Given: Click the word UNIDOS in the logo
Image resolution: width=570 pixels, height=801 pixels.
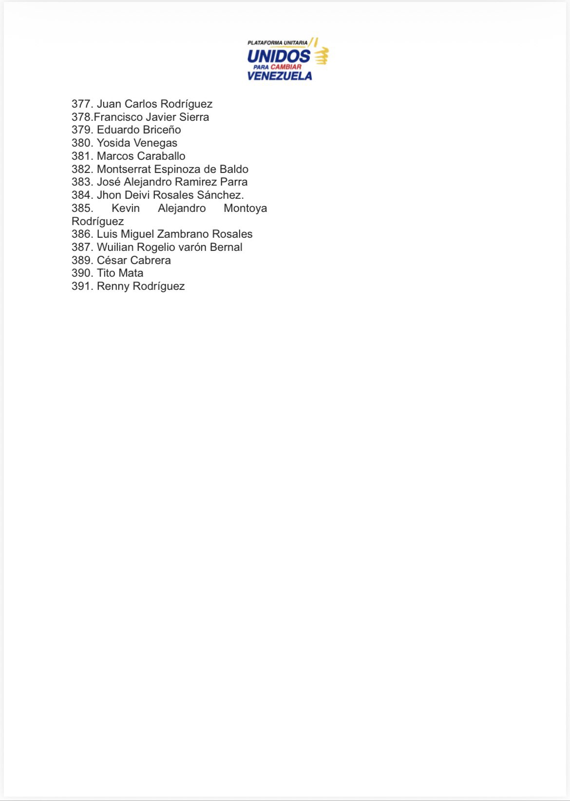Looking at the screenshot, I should coord(278,56).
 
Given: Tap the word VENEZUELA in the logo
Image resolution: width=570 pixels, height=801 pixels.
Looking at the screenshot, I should coord(279,76).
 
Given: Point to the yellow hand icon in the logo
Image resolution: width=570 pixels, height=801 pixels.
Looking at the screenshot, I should coord(321,56).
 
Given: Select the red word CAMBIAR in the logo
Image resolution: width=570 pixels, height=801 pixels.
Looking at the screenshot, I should coord(286,67).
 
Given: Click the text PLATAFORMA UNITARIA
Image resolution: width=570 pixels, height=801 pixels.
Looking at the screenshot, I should coord(277,43).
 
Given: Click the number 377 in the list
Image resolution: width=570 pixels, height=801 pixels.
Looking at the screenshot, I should coord(81,104).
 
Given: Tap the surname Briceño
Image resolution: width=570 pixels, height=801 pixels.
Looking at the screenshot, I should coord(162,130).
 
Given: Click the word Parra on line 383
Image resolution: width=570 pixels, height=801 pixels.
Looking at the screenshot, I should coord(234,182).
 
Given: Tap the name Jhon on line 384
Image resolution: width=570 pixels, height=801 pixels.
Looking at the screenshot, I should coord(109,195).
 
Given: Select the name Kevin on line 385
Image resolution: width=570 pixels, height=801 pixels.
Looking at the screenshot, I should coord(126,208).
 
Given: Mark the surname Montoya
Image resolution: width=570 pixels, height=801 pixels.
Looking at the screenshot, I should coord(245,208).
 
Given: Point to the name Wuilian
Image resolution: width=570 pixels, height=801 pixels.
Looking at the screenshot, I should coord(115,247).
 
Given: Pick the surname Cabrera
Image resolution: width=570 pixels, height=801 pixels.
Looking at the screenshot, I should coord(151,260).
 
